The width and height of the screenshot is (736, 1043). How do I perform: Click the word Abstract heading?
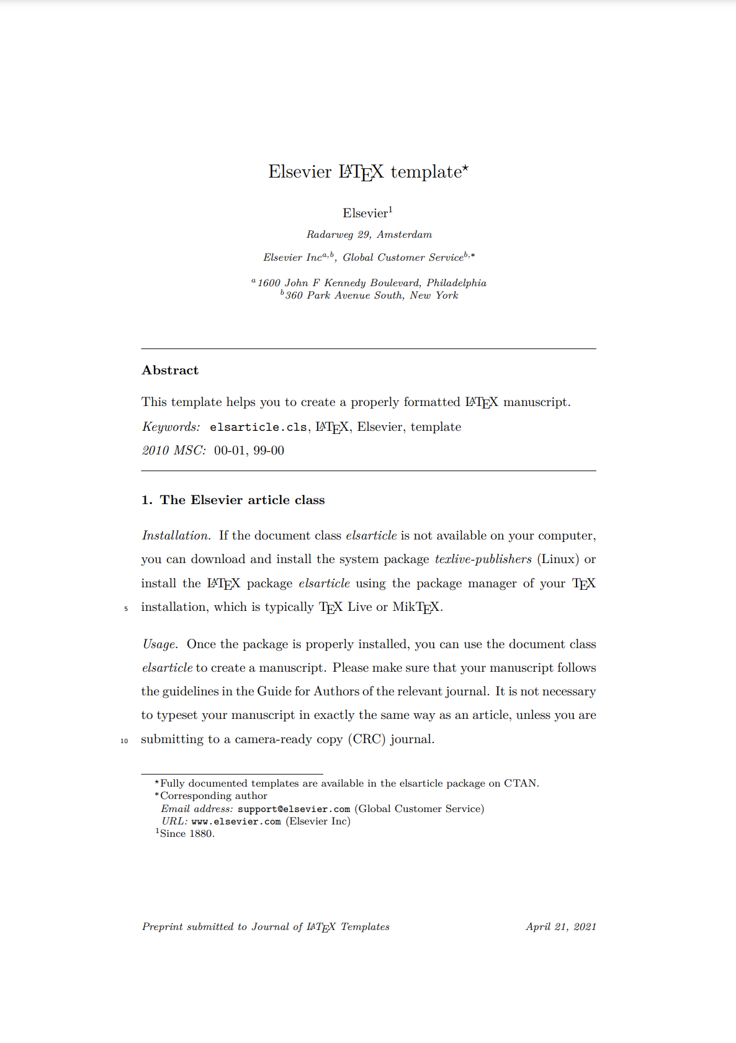tap(170, 370)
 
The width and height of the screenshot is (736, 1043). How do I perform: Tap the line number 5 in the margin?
tap(126, 609)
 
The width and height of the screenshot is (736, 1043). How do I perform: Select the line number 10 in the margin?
tap(124, 741)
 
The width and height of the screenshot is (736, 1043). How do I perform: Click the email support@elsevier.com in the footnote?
tap(294, 809)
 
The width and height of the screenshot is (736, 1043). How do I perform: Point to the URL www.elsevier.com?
tap(236, 821)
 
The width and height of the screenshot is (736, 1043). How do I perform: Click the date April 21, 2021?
tap(561, 927)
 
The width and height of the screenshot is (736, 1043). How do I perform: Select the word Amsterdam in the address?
tap(404, 235)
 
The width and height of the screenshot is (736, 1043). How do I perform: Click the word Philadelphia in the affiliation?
tap(456, 283)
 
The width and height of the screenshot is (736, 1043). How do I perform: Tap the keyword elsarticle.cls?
tap(258, 427)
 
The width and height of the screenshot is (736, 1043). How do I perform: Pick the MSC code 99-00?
tap(269, 451)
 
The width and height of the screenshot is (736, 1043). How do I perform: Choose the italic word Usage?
tap(160, 644)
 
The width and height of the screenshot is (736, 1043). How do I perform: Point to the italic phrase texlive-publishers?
tap(483, 559)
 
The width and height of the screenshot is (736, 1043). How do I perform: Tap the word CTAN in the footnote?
tap(520, 783)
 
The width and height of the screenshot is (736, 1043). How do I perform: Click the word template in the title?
tap(426, 172)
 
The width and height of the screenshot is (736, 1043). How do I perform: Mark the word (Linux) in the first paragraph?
tap(558, 559)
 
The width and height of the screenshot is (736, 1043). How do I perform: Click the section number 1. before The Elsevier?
tap(146, 500)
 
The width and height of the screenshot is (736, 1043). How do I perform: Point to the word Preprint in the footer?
tap(163, 927)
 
